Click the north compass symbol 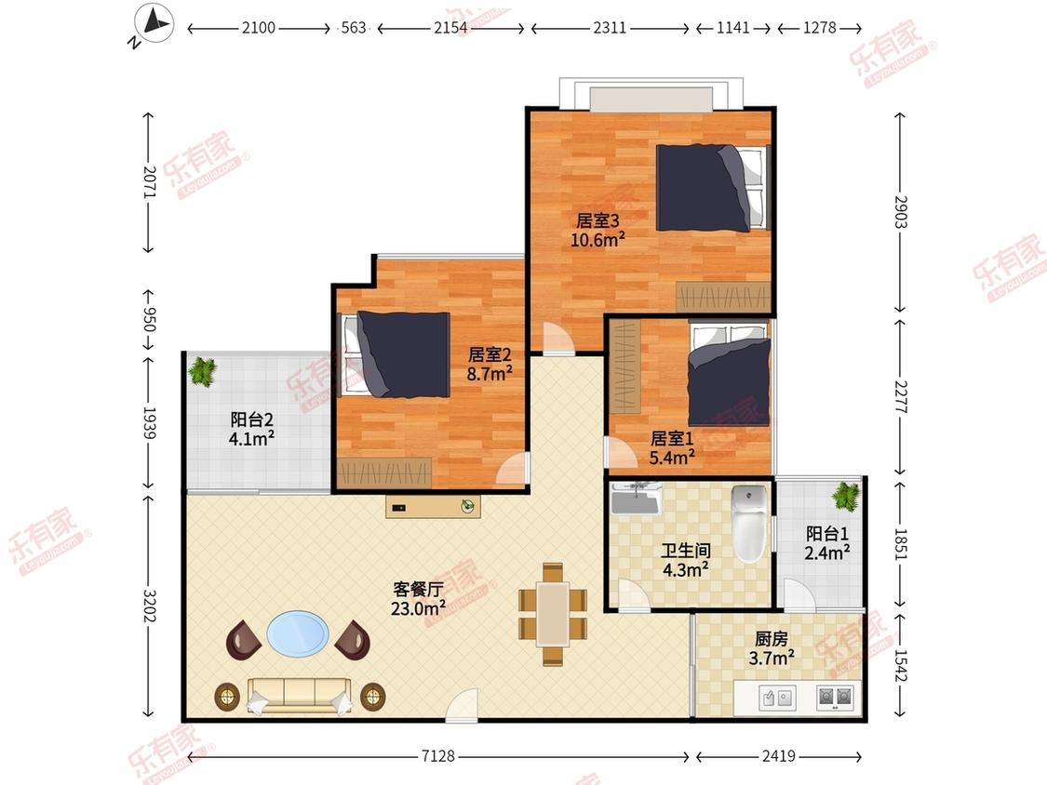154,24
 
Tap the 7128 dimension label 438,755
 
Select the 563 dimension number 354,27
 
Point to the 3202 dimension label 150,605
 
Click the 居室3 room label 597,220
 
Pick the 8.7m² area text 490,373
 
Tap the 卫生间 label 686,551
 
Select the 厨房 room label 772,639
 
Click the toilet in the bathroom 749,524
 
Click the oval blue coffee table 298,634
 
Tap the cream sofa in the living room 299,697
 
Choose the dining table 553,614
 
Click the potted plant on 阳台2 202,371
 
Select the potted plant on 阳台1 846,496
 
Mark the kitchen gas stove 836,698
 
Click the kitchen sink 778,698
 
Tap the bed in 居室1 729,375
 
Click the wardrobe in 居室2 384,472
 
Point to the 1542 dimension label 901,666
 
